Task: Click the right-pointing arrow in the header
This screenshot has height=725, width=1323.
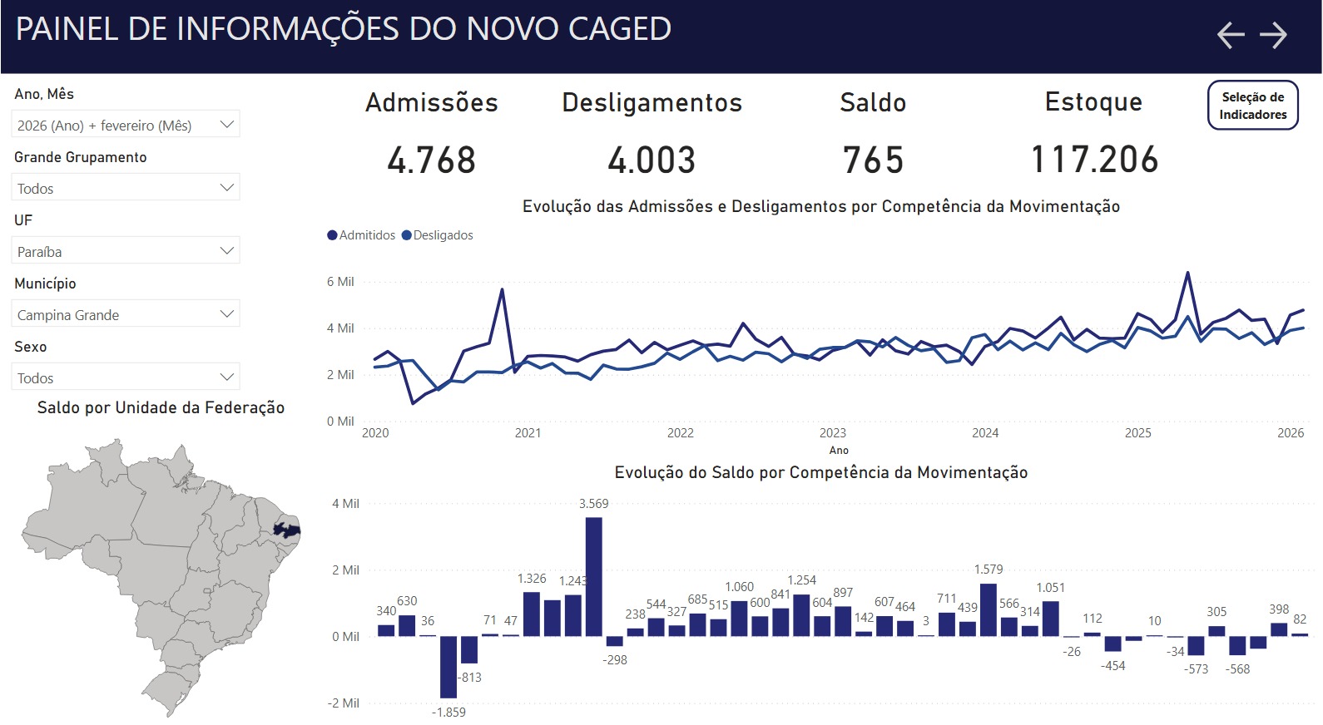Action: point(1273,35)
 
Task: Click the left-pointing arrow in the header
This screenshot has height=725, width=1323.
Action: point(1231,35)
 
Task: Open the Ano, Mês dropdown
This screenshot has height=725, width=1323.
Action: point(126,126)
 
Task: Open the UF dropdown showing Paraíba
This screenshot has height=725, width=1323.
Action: point(126,252)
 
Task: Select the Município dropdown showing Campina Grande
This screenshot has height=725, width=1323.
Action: point(126,315)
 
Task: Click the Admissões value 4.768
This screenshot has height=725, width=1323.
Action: point(431,160)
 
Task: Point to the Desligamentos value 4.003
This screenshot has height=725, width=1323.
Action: point(652,160)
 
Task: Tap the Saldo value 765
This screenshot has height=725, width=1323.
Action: point(873,160)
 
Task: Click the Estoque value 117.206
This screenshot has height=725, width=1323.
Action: point(1094,160)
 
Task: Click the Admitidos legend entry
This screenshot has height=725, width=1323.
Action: point(362,235)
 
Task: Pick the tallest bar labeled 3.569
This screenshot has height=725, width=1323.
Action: point(593,577)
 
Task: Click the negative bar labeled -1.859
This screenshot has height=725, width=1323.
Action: point(448,667)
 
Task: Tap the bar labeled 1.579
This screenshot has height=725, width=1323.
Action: point(989,609)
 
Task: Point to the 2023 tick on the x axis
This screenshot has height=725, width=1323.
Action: point(832,433)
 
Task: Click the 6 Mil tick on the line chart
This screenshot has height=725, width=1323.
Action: point(340,282)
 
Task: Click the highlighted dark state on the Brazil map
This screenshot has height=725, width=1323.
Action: point(287,530)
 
